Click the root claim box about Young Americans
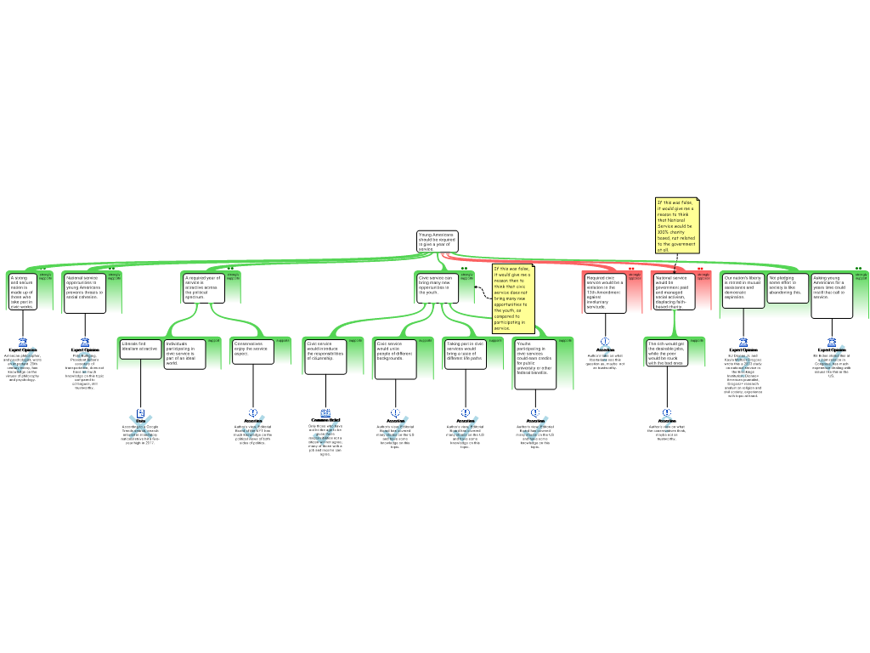pos(437,241)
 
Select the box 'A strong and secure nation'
pos(21,291)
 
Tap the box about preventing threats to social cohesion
pos(85,291)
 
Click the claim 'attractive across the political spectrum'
pos(204,287)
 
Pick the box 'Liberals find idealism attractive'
pos(140,349)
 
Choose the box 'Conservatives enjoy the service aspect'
pos(252,350)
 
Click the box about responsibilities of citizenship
pos(325,356)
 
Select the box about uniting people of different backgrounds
pos(395,358)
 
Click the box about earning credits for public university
pos(535,363)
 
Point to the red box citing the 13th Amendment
pos(605,292)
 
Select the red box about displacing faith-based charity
pos(674,291)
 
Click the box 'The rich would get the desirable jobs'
pos(667,352)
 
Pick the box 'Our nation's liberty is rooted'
pos(743,290)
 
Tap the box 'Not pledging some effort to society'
pos(788,287)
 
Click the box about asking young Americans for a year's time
pos(832,294)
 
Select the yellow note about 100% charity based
pos(676,226)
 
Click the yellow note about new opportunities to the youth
pos(513,298)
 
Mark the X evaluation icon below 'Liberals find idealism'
pos(140,424)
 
